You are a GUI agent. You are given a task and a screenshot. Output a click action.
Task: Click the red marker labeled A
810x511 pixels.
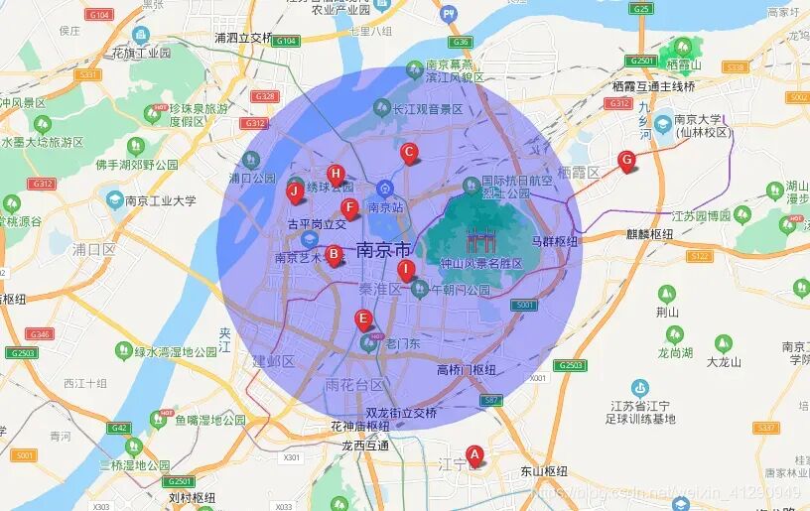[x=474, y=454]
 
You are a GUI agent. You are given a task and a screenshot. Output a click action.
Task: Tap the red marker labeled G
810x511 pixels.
[x=626, y=160]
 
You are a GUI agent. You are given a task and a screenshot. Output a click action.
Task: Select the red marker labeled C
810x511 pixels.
[x=408, y=153]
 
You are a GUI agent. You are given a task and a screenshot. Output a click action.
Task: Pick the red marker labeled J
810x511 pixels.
[x=295, y=191]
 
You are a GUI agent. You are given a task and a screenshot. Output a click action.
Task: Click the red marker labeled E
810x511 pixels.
[x=363, y=319]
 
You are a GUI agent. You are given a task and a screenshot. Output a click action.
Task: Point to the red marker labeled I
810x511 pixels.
[x=405, y=269]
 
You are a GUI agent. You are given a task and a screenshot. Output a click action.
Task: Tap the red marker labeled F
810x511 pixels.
[x=348, y=207]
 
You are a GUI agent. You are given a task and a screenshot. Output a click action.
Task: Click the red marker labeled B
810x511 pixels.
[x=335, y=254]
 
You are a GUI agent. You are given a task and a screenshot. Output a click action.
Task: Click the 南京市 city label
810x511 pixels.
[x=382, y=249]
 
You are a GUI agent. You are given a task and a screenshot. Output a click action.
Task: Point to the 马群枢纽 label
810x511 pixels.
[x=554, y=240]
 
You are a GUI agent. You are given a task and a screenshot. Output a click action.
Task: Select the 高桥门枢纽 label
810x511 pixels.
[x=466, y=370]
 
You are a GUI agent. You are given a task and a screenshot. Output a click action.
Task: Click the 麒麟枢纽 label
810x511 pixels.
[x=649, y=234]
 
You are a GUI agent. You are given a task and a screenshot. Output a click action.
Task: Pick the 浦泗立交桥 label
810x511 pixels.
[x=243, y=38]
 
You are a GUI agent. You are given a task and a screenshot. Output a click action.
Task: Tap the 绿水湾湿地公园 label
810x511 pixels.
[x=176, y=351]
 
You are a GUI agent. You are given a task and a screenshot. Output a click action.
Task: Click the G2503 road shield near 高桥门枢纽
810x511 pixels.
[x=569, y=365]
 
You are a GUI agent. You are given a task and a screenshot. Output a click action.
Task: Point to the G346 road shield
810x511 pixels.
[x=41, y=334]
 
